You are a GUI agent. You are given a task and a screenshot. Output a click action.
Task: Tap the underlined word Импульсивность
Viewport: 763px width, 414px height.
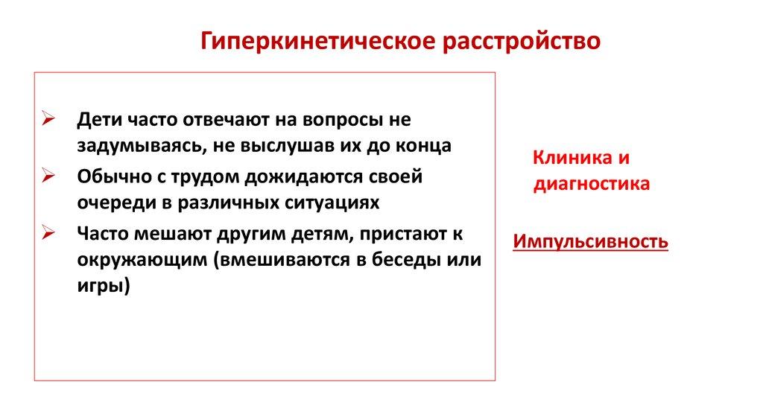591,241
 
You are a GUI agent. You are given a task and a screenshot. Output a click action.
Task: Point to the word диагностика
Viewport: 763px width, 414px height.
592,184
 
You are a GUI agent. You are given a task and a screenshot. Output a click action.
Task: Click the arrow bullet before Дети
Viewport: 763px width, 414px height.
48,118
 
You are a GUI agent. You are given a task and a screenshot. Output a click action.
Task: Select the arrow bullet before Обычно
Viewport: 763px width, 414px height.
48,175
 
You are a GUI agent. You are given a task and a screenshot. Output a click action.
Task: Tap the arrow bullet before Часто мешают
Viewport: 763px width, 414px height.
48,232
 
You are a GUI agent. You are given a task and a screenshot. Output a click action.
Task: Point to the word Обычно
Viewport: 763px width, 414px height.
114,176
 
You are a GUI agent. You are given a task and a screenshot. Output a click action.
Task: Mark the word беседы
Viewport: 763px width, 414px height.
409,259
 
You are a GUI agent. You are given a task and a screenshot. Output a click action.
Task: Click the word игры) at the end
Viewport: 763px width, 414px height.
104,286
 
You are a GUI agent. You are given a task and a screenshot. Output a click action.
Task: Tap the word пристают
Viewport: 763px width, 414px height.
403,235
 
